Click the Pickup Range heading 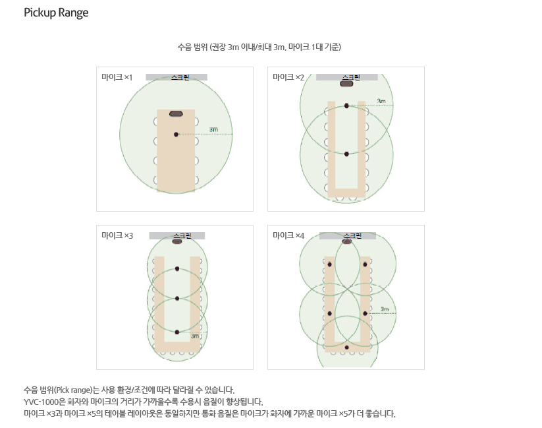pos(56,13)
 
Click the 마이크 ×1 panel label pos(117,77)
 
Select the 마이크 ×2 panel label pos(288,77)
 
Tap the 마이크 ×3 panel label pos(117,235)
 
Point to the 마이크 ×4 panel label pos(288,235)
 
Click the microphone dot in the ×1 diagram pos(176,135)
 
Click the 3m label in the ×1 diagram pos(213,129)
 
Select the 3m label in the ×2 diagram pos(381,101)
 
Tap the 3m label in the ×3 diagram pos(195,336)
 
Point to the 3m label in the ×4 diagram pos(385,309)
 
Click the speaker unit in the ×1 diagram pos(176,113)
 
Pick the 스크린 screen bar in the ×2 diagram pos(346,77)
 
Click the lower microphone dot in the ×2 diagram pos(346,154)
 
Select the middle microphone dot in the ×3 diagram pos(177,298)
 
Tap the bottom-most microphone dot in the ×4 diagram pos(346,347)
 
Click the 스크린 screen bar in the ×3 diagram pos(177,236)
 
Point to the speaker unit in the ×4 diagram pos(346,241)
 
